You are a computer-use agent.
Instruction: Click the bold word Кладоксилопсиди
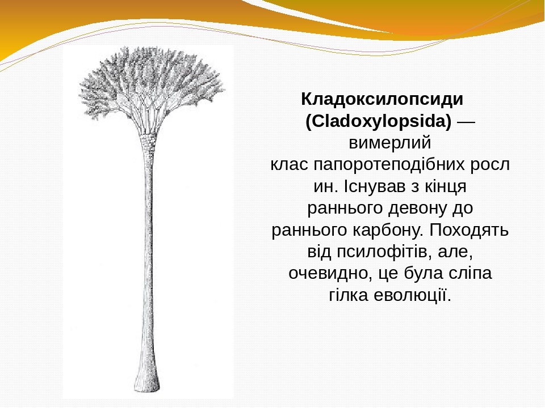[x=382, y=99]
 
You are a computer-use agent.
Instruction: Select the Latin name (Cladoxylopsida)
[x=379, y=121]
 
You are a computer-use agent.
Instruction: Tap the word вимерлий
[x=389, y=143]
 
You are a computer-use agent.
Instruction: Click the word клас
[x=289, y=164]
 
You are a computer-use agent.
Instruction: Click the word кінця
[x=446, y=187]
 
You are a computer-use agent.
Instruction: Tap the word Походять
[x=469, y=230]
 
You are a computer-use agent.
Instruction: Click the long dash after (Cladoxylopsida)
[x=466, y=122]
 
